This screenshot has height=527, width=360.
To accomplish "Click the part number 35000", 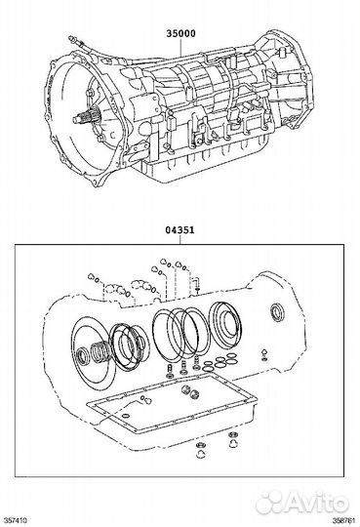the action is click(x=180, y=33).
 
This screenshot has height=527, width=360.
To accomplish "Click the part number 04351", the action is click(x=180, y=230).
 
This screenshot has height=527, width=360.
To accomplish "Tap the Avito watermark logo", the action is click(x=301, y=503).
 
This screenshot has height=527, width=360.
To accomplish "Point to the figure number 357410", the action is click(x=14, y=520).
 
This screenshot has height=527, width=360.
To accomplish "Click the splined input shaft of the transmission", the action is click(x=85, y=118).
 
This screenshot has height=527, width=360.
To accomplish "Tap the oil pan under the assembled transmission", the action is click(x=202, y=158).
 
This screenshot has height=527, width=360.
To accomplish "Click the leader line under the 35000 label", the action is click(x=180, y=48).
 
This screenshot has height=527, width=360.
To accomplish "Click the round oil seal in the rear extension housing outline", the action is click(x=278, y=312).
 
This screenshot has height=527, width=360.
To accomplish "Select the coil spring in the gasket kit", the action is click(x=100, y=353).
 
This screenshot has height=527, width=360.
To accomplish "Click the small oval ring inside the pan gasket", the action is click(x=126, y=416).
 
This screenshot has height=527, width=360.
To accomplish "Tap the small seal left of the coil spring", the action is click(x=83, y=356).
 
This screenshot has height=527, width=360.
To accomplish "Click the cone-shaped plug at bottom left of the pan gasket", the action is click(x=201, y=451).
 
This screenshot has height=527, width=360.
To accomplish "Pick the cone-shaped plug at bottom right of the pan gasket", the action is click(x=232, y=440).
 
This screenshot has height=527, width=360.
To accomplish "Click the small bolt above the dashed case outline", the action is click(x=197, y=283).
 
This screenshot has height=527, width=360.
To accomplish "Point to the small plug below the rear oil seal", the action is click(x=264, y=354).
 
